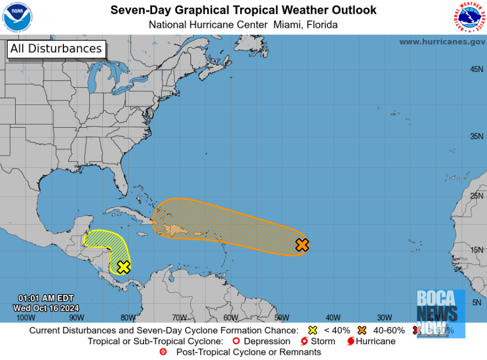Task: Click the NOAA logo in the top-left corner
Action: pyautogui.click(x=17, y=17)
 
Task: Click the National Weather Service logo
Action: pyautogui.click(x=468, y=17)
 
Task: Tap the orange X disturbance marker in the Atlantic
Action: pyautogui.click(x=302, y=245)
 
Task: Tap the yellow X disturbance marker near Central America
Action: pyautogui.click(x=123, y=267)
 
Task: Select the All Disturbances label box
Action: pyautogui.click(x=56, y=49)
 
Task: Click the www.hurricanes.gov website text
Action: pyautogui.click(x=442, y=42)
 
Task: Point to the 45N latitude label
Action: pyautogui.click(x=477, y=69)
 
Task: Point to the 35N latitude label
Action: pyautogui.click(x=477, y=136)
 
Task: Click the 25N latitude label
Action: pyautogui.click(x=477, y=196)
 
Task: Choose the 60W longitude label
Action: pyautogui.click(x=230, y=318)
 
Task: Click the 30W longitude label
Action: pyautogui.click(x=384, y=318)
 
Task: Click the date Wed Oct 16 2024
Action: pyautogui.click(x=46, y=308)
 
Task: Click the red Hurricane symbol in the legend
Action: pyautogui.click(x=350, y=341)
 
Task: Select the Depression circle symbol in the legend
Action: pyautogui.click(x=236, y=341)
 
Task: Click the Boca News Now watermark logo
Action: pyautogui.click(x=440, y=314)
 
